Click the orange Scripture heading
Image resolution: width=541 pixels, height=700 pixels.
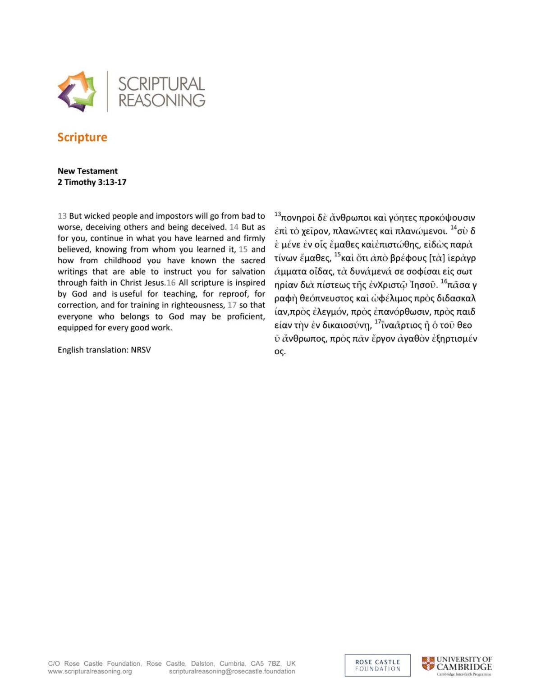82,137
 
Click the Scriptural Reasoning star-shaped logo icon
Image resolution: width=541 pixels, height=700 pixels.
77,91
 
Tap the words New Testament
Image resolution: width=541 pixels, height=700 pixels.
87,171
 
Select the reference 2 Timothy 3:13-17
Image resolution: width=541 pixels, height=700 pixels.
92,182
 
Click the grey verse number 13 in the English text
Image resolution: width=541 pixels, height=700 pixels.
62,216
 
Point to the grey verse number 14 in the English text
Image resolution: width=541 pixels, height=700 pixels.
234,227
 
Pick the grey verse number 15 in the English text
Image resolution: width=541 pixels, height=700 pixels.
243,249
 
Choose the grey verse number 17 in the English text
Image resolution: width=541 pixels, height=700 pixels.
232,305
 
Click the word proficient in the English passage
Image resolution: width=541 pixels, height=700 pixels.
246,316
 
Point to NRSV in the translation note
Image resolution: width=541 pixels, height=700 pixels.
141,350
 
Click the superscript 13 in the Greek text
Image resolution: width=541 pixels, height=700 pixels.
278,214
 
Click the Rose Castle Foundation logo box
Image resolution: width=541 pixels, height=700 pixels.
377,665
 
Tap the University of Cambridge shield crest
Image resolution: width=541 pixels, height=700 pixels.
428,663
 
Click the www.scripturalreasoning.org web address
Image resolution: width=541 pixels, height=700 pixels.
90,671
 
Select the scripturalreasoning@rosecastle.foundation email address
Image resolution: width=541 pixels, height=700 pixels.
232,671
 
